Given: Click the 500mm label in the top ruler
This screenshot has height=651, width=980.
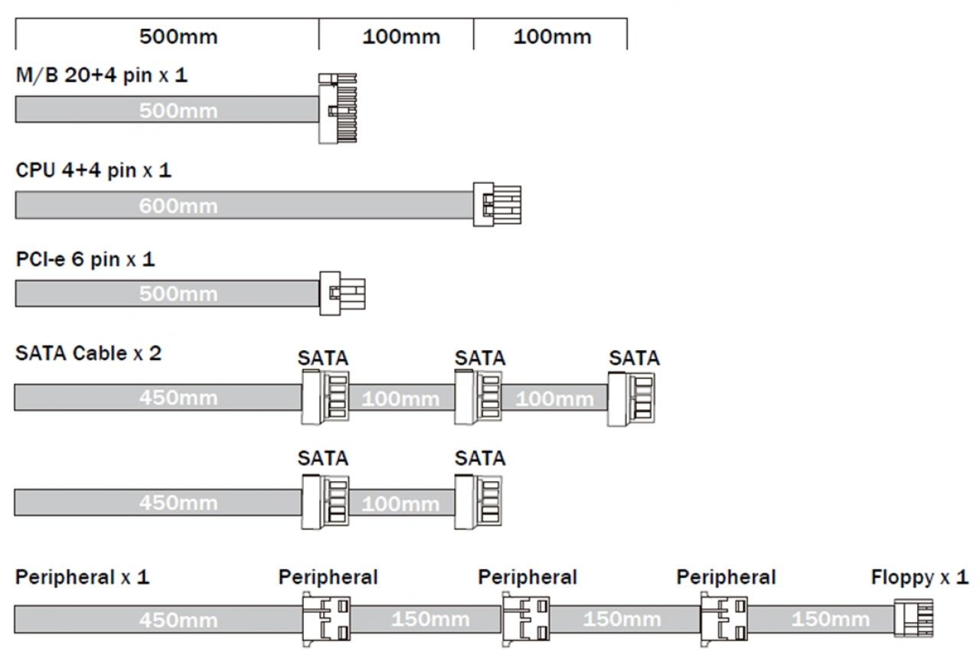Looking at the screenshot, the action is tap(178, 37).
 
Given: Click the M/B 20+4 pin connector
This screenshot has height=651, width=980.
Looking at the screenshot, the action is tap(338, 108).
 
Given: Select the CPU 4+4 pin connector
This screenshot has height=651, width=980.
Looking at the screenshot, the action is tap(497, 204).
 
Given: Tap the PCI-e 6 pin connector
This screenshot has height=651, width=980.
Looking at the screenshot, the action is tap(342, 293).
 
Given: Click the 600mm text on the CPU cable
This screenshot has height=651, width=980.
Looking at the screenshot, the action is tap(178, 206).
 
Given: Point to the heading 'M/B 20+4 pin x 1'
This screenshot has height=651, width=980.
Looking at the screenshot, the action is tap(102, 75).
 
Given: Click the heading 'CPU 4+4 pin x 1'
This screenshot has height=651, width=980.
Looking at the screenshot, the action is tap(93, 170).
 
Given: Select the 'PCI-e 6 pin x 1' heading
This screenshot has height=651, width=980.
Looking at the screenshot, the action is tap(85, 260).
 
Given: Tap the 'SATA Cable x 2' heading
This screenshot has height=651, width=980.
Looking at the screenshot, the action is tap(88, 353).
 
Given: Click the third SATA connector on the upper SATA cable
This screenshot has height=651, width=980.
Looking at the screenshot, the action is tap(631, 399).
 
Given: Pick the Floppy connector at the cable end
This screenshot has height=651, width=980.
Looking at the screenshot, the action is tap(913, 618).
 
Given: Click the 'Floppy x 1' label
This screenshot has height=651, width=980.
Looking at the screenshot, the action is tap(920, 577).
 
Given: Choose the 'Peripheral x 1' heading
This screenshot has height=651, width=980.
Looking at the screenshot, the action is tap(82, 577).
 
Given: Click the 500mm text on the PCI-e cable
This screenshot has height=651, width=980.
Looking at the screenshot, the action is tap(178, 293).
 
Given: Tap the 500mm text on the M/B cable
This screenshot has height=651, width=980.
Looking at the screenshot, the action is tap(178, 111).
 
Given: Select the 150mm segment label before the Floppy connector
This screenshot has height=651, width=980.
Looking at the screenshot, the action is tap(831, 619).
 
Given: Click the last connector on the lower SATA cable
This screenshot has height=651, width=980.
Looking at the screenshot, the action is tap(478, 502).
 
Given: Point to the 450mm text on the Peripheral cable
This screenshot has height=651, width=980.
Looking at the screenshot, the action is tap(178, 620).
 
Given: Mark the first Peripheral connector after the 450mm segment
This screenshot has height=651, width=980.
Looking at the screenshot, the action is tap(326, 619).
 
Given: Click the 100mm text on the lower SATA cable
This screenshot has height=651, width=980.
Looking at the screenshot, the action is tap(400, 504).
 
